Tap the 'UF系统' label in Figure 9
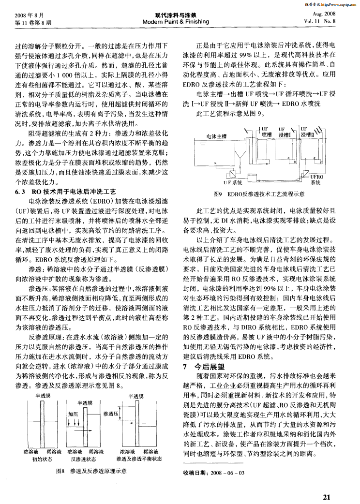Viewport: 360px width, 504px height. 232,183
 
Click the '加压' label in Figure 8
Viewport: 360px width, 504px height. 73,414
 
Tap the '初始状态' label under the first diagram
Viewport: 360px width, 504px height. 42,459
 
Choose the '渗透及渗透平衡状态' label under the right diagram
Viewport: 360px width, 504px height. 139,459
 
